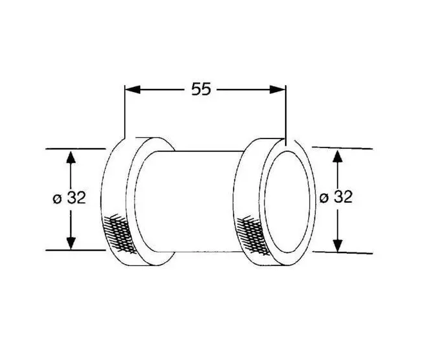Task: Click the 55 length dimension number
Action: click(201, 89)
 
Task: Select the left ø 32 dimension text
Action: click(69, 198)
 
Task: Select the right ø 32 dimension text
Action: click(336, 196)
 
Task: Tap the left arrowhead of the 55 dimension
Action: click(133, 90)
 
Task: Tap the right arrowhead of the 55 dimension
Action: click(277, 90)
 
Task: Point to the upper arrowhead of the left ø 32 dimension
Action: click(71, 157)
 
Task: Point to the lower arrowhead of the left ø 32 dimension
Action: click(71, 243)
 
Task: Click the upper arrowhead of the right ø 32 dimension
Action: click(338, 156)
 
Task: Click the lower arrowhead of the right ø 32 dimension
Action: click(338, 246)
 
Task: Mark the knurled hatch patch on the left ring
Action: click(119, 233)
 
